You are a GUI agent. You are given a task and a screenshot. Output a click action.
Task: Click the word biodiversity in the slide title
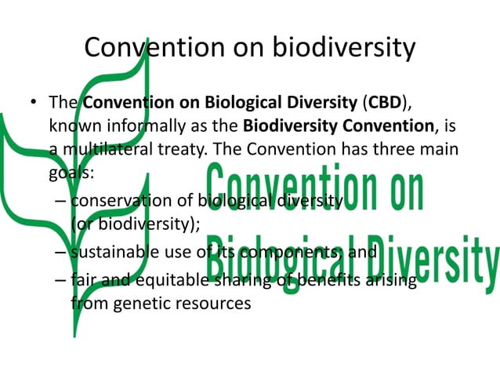[x=342, y=49]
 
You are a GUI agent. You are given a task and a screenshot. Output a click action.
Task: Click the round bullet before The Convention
[x=33, y=104]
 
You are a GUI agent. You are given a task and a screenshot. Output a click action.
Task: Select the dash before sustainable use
[x=60, y=253]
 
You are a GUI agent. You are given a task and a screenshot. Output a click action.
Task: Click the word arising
[x=389, y=279]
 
